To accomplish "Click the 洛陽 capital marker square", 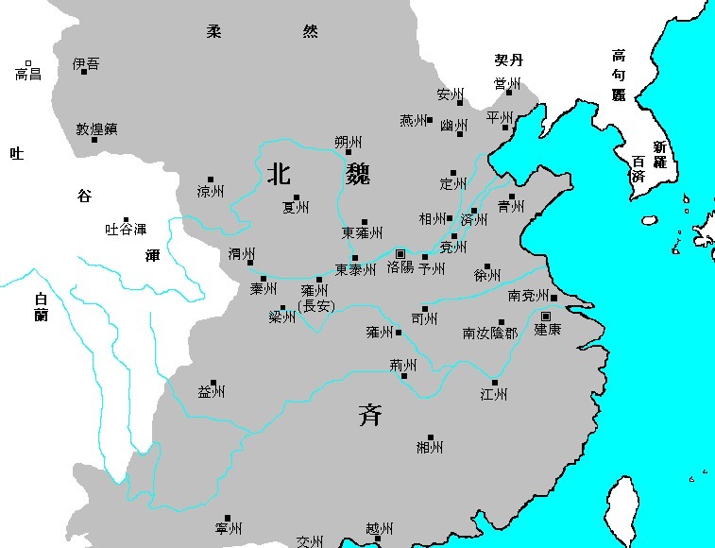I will tap(400, 254).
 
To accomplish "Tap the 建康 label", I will tap(547, 330).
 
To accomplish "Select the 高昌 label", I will tap(28, 73).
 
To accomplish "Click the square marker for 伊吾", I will tap(83, 72).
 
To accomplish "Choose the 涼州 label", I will tap(210, 192).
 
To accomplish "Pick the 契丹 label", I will tap(509, 60).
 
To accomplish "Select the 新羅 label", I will tap(658, 155).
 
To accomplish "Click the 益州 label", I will tap(211, 392).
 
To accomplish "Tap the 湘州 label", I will tap(429, 447).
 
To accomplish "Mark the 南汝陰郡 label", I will tap(489, 333).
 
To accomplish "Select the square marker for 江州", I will tap(494, 383).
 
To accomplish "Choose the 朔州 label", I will tap(349, 142).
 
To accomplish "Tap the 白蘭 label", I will tap(41, 307).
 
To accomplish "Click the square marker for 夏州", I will tap(296, 197).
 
